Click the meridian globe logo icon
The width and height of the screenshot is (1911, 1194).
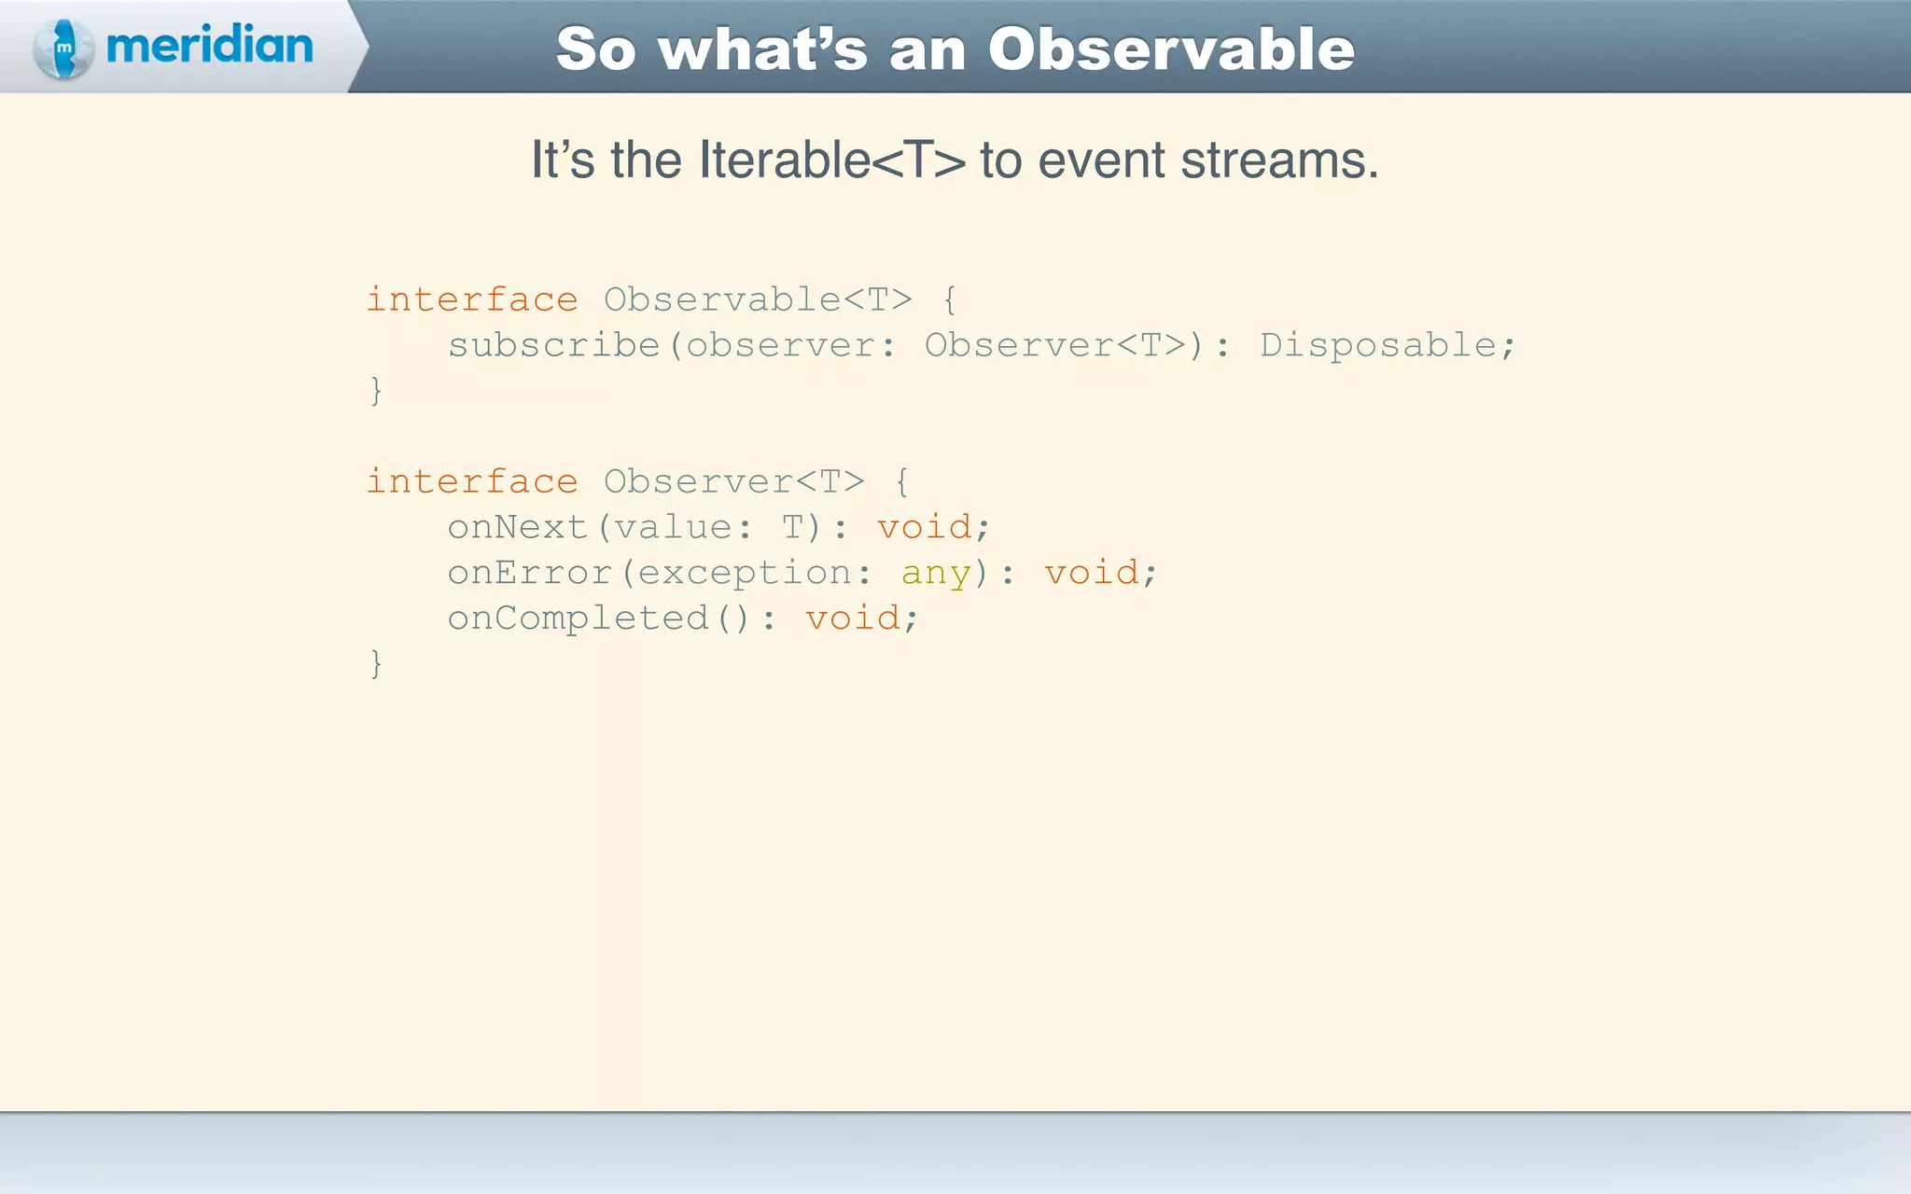[63, 48]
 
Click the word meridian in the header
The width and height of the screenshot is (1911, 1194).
[210, 46]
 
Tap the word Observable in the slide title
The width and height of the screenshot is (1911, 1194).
[1171, 49]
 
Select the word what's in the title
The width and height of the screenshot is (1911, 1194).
[762, 49]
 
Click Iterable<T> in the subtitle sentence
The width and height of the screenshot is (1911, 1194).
[832, 160]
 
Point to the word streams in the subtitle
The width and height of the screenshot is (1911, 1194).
[1279, 160]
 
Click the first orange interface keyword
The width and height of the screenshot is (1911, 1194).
[472, 299]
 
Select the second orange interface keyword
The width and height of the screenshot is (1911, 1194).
[472, 481]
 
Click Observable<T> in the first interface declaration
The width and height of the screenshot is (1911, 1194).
[758, 299]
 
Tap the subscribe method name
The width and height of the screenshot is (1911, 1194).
[554, 345]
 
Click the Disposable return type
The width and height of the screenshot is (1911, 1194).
[1378, 345]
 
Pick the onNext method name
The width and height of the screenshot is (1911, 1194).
[518, 527]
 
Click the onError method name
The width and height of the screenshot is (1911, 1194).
[529, 573]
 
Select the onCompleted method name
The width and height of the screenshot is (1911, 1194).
[578, 618]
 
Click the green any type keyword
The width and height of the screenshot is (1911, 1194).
[936, 573]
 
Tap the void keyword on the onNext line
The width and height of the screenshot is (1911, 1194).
[925, 527]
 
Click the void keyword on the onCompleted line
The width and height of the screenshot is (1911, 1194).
[853, 618]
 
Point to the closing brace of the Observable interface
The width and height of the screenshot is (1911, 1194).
[376, 390]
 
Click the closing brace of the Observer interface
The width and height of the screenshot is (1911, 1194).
[376, 663]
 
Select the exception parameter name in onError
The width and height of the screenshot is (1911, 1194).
[745, 573]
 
